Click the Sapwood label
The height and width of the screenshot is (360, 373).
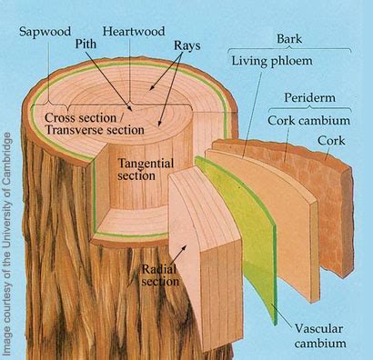[x=45, y=31]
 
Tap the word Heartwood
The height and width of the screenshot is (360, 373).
[x=134, y=31]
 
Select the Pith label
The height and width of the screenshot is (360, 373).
[x=86, y=44]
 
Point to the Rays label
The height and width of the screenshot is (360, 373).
[x=187, y=45]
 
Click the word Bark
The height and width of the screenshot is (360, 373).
[x=289, y=39]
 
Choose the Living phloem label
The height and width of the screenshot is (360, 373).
[x=272, y=61]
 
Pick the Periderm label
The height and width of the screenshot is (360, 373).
[x=309, y=97]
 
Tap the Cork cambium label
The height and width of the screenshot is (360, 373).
[x=308, y=121]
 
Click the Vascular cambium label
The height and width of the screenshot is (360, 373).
[x=319, y=336]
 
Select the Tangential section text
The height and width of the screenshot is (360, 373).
[x=146, y=169]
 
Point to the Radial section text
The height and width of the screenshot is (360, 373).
[x=160, y=275]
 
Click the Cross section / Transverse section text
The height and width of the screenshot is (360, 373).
[x=95, y=124]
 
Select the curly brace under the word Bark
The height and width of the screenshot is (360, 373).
[x=289, y=49]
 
